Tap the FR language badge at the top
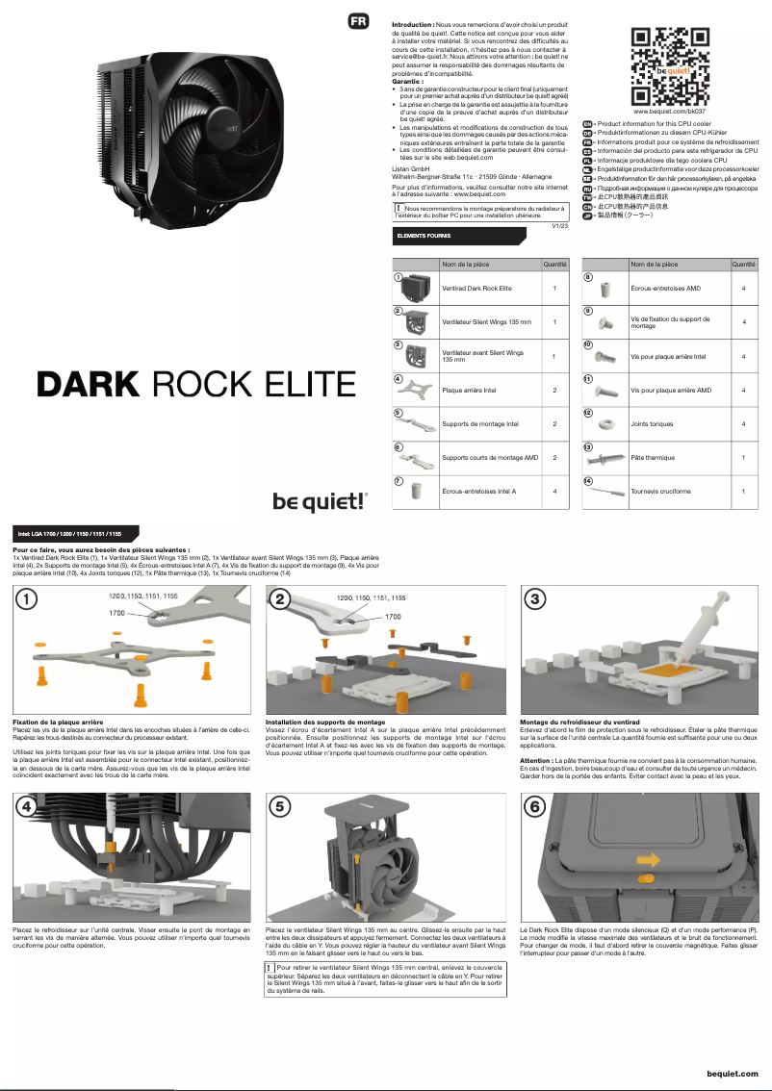click(358, 21)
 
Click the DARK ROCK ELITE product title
click(196, 384)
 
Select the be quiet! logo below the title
click(319, 500)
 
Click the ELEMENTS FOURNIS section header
click(419, 236)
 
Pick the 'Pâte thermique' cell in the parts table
click(653, 458)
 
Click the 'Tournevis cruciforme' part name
click(660, 492)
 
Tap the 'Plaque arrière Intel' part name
click(469, 390)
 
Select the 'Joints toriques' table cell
click(652, 424)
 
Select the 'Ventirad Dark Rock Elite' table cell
click(476, 288)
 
